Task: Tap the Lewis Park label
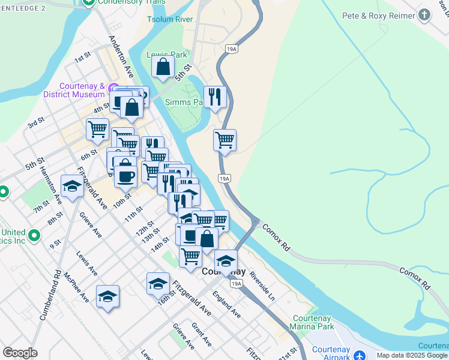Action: [x=167, y=55]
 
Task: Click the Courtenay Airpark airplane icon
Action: [x=360, y=355]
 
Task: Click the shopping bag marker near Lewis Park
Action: [x=163, y=67]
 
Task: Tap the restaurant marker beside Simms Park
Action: [x=215, y=97]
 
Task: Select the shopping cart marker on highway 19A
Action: [x=224, y=140]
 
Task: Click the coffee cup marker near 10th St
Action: [x=125, y=176]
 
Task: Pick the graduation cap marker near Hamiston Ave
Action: [x=72, y=186]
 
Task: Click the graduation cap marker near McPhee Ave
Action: [x=108, y=296]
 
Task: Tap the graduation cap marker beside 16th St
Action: [x=158, y=283]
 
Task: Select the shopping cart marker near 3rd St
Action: [x=97, y=128]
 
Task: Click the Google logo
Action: [x=20, y=353]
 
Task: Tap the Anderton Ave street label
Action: [x=121, y=56]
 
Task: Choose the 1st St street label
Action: [x=82, y=60]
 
